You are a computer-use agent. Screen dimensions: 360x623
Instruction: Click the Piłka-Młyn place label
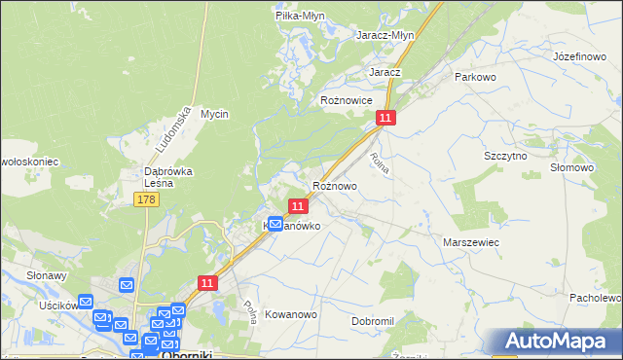[x=300, y=16]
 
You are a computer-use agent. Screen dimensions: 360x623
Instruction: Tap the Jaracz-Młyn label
[x=386, y=35]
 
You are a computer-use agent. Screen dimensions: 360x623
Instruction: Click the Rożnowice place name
[x=347, y=100]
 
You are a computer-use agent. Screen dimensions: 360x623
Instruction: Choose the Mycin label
[x=214, y=114]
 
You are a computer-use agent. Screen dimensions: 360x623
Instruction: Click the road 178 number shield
[x=146, y=199]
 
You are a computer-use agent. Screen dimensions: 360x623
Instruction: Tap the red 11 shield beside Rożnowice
[x=386, y=118]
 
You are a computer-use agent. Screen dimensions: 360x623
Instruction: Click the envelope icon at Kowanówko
[x=275, y=224]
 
